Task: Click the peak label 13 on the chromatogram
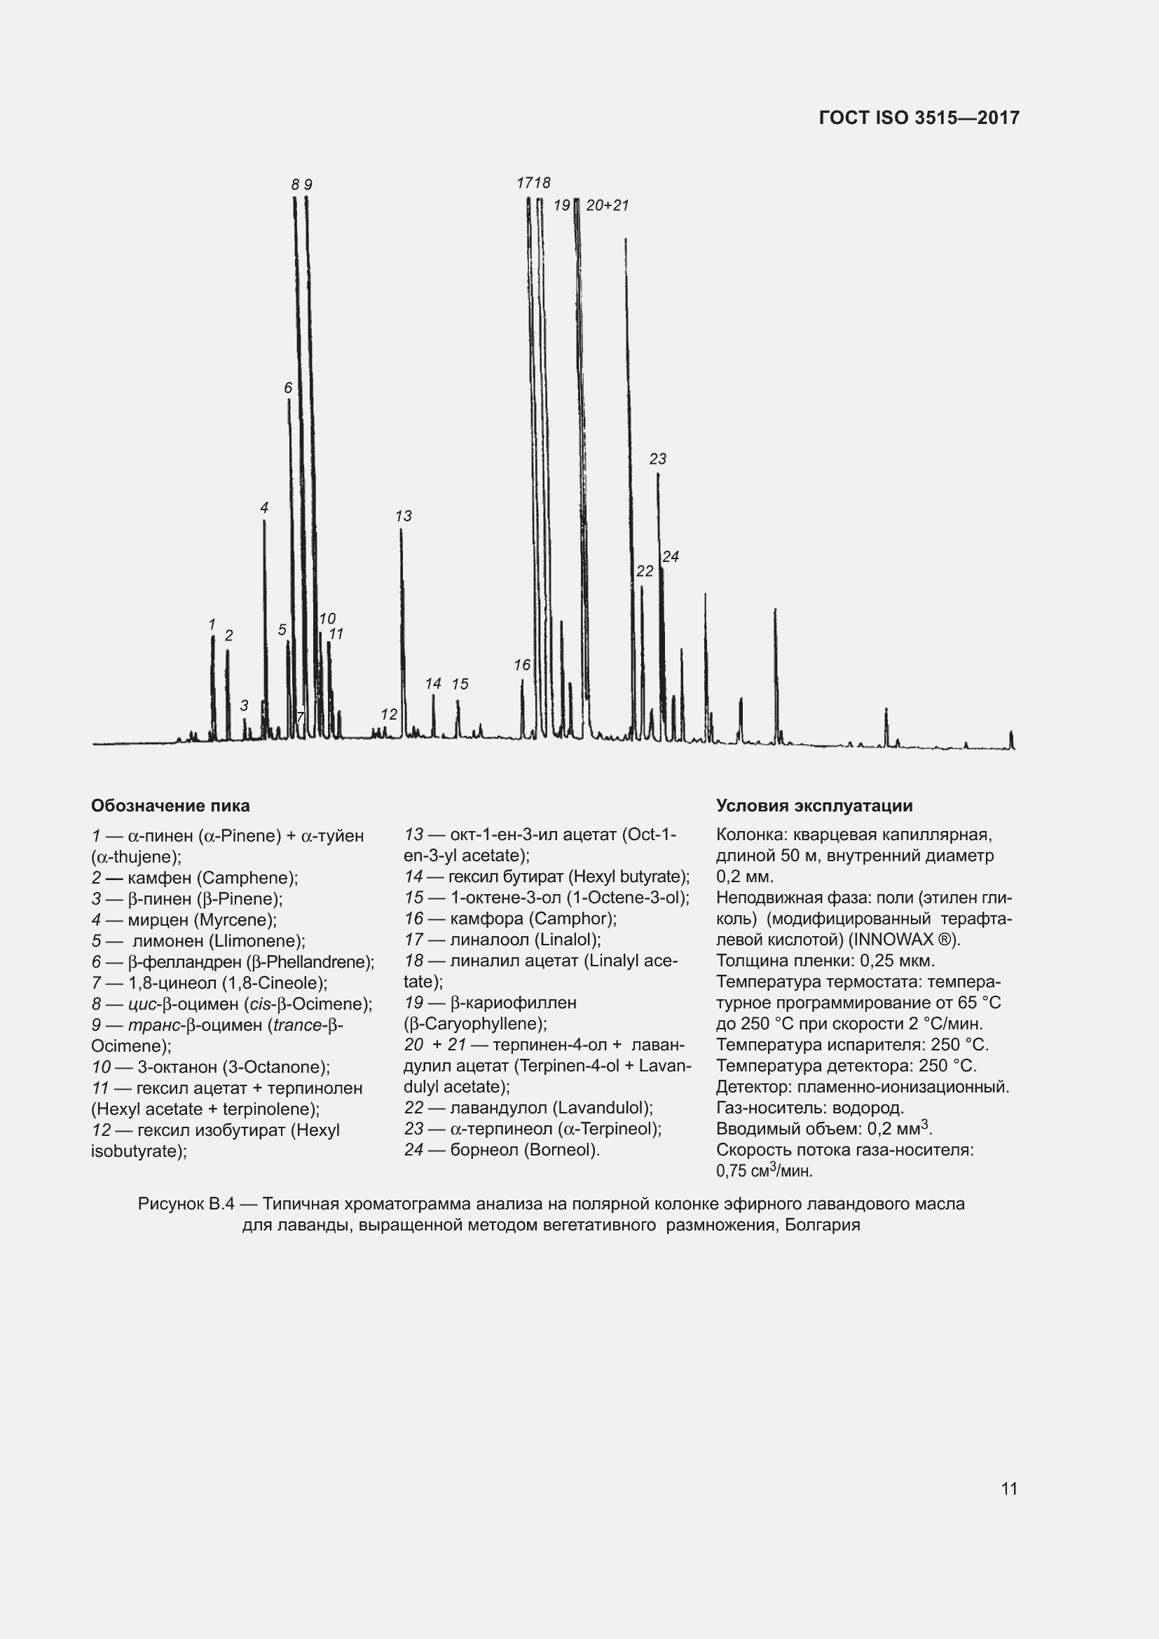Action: click(x=403, y=516)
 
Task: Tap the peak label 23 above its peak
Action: click(x=657, y=459)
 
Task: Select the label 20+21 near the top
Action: click(x=608, y=205)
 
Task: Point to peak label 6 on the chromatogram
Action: click(x=288, y=388)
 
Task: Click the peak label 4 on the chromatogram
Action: click(x=264, y=507)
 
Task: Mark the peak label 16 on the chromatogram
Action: click(x=523, y=664)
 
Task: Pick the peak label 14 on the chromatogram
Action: click(x=433, y=683)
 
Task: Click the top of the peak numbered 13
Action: click(x=401, y=530)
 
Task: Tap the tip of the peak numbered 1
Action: click(x=213, y=637)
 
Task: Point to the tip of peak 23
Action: click(x=658, y=474)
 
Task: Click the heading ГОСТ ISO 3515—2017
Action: click(x=919, y=118)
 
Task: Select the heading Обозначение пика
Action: click(x=170, y=806)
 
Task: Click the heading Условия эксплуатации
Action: click(x=814, y=806)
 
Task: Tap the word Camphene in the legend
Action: click(x=245, y=878)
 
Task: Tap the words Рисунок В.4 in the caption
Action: click(x=186, y=1205)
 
